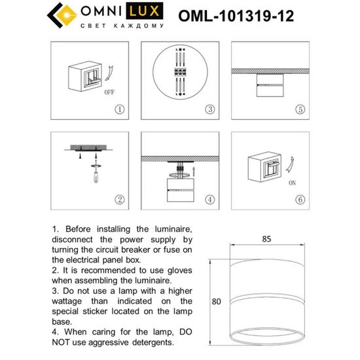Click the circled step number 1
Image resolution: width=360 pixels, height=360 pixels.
119,109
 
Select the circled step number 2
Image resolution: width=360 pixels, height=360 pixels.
119,200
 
